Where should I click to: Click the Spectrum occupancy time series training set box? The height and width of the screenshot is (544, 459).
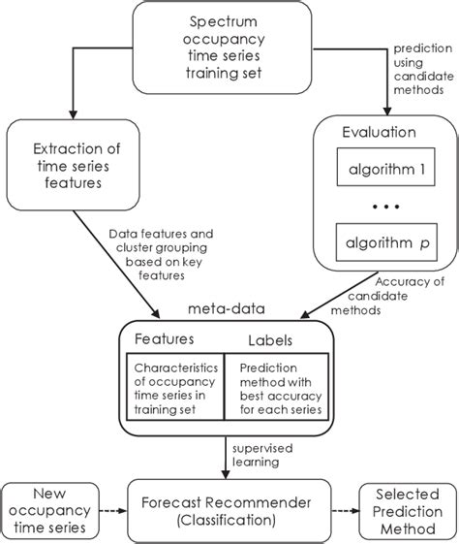click(x=229, y=48)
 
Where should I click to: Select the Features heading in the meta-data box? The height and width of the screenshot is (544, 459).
click(x=164, y=340)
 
